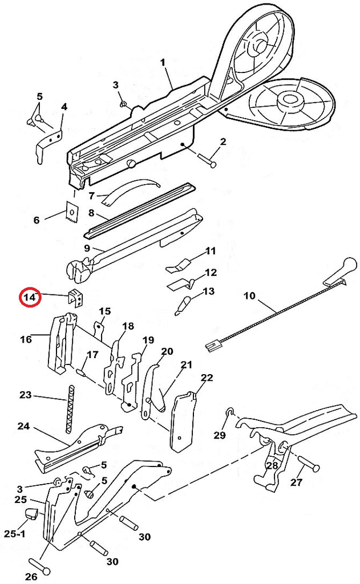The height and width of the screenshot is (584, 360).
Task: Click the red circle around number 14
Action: [x=29, y=297]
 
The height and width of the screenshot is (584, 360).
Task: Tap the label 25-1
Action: [x=15, y=534]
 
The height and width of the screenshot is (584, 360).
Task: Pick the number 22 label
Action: [x=207, y=378]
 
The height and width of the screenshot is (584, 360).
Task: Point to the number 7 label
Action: [x=91, y=196]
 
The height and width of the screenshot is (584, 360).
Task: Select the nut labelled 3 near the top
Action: [x=123, y=104]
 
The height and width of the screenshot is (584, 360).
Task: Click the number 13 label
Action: [x=208, y=291]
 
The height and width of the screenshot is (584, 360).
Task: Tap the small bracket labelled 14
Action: [x=76, y=297]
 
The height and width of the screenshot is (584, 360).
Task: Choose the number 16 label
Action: [x=26, y=339]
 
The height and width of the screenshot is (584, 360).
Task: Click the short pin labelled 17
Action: [x=81, y=372]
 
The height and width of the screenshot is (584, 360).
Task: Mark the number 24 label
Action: [x=23, y=426]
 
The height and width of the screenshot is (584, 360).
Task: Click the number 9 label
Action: [x=87, y=248]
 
